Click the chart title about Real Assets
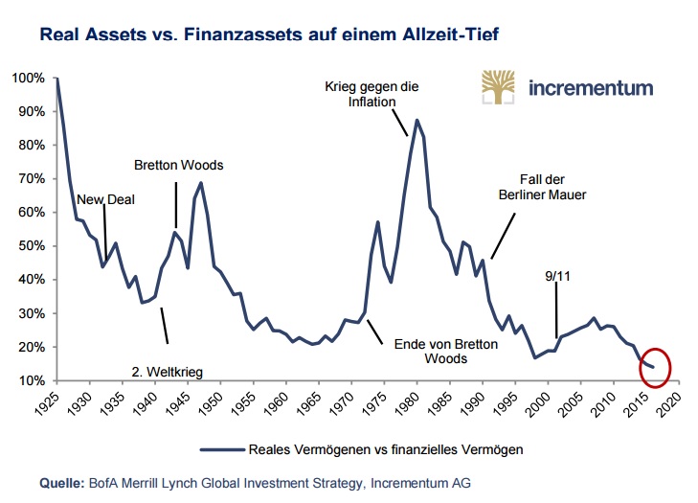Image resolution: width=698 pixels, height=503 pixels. pos(270,36)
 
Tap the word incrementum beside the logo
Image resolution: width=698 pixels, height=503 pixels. pos(590,88)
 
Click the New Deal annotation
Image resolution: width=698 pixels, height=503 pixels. pos(106,199)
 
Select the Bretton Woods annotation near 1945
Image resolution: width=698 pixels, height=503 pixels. pos(178,166)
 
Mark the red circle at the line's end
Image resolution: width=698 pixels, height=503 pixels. pos(655,366)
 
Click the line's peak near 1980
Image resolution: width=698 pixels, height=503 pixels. pos(417,121)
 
